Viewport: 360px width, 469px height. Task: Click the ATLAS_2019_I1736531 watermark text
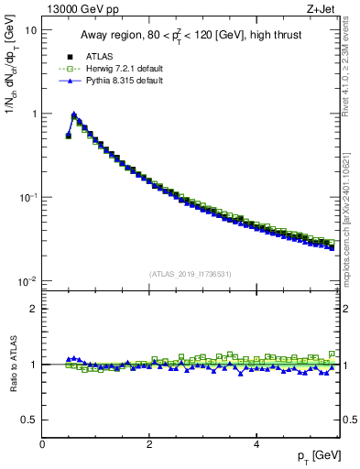[191, 274]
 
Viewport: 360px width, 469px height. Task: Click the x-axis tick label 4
[256, 444]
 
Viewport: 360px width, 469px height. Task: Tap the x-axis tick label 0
[42, 444]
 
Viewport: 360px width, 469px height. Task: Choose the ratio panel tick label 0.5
[29, 420]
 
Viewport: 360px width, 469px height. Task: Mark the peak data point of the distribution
[74, 116]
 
